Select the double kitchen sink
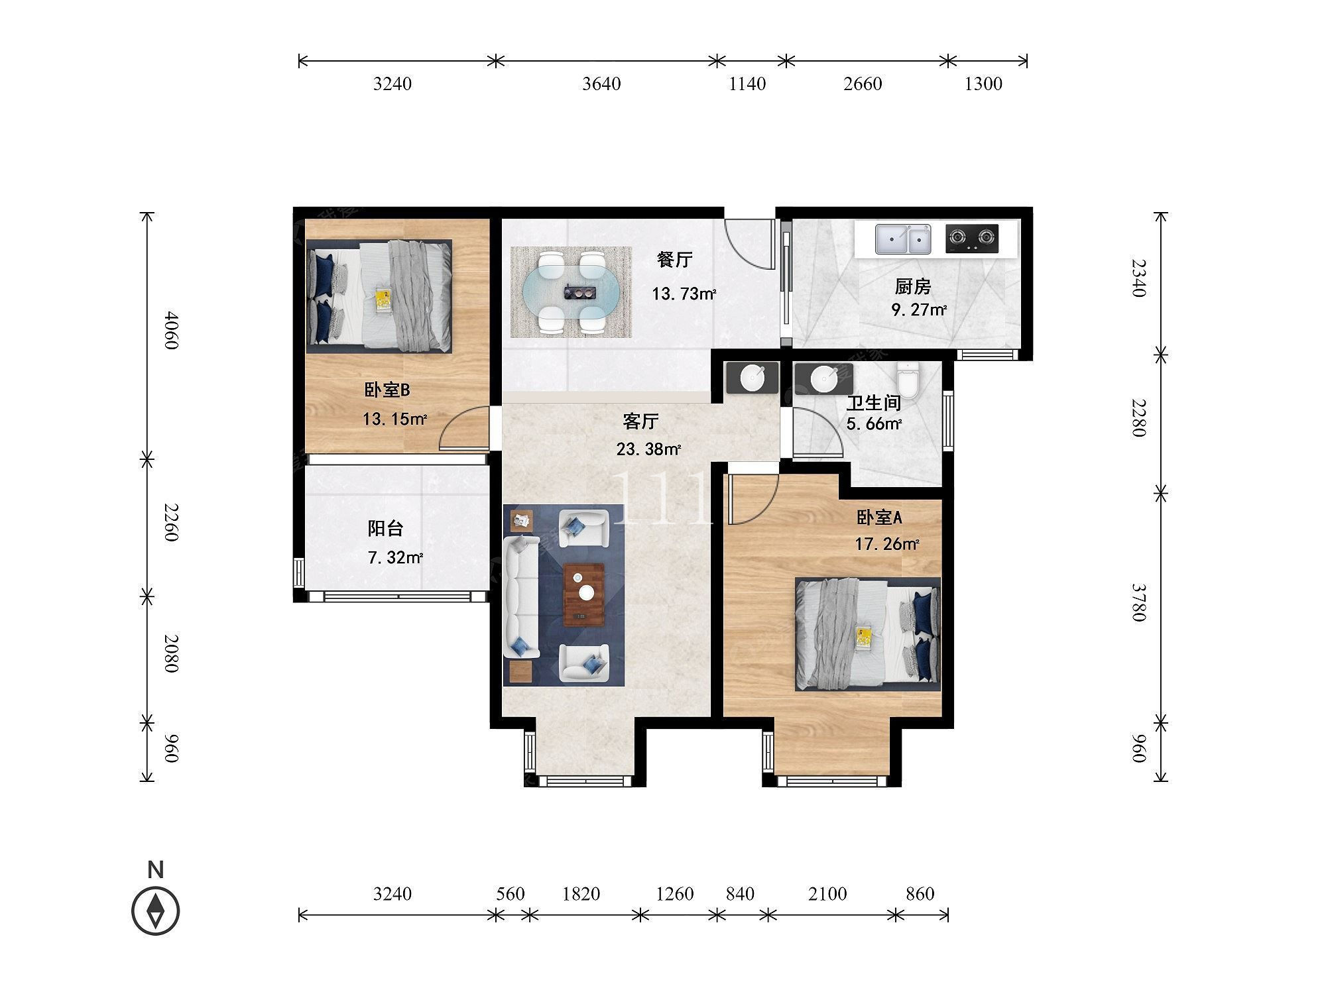902,239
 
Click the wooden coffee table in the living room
583,595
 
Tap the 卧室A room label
879,518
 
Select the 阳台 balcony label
386,528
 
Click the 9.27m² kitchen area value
919,309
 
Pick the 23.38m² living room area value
648,449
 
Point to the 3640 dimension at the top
601,83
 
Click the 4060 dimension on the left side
171,331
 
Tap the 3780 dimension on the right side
1138,602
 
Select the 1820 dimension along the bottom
581,894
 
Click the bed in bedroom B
379,296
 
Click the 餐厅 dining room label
675,260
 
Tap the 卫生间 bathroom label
874,402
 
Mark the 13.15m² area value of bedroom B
394,419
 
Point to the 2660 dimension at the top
863,83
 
